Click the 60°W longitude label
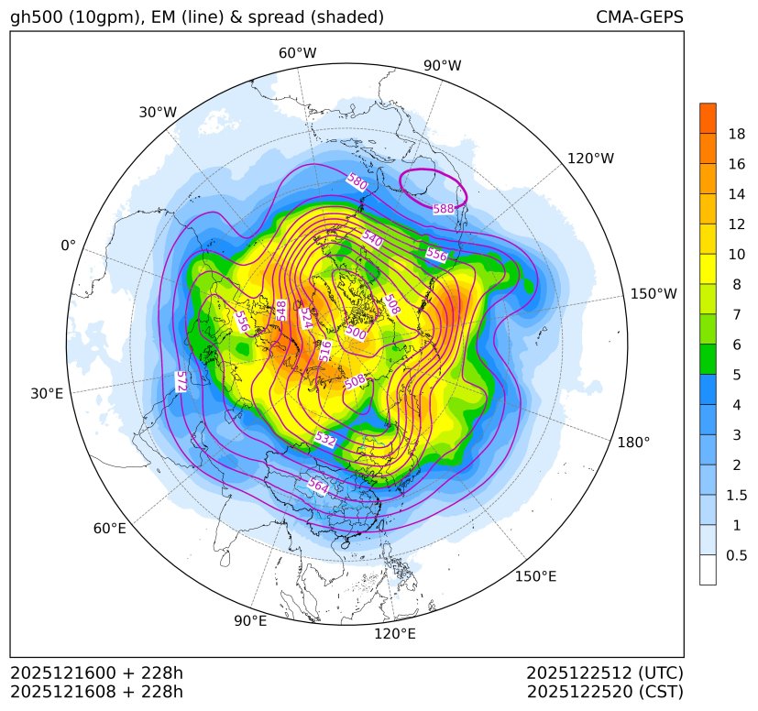[x=297, y=53]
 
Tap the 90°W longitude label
[x=443, y=66]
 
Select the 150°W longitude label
[x=654, y=293]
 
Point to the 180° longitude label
[x=633, y=442]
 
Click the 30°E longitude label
[x=47, y=394]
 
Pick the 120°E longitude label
[x=395, y=633]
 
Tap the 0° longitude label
[x=68, y=246]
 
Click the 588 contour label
[x=444, y=209]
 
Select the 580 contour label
[x=357, y=181]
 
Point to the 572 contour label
[x=181, y=382]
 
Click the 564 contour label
[x=318, y=485]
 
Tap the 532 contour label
[x=324, y=440]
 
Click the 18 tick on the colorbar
[x=736, y=134]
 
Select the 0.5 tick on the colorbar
[x=736, y=555]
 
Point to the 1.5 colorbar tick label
[x=736, y=495]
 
